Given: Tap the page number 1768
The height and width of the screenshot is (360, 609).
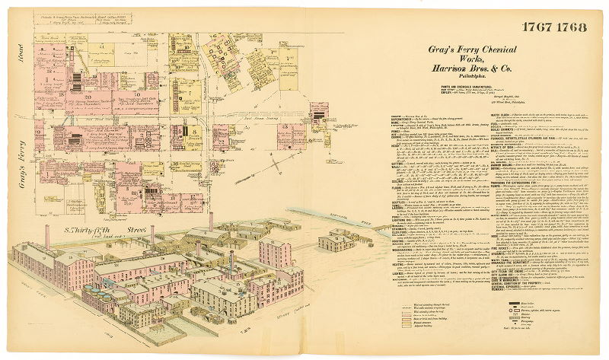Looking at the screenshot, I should [572, 27].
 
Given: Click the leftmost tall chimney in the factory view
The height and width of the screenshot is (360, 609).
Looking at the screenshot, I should [48, 237].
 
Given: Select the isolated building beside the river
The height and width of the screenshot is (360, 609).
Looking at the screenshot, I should [335, 241].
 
